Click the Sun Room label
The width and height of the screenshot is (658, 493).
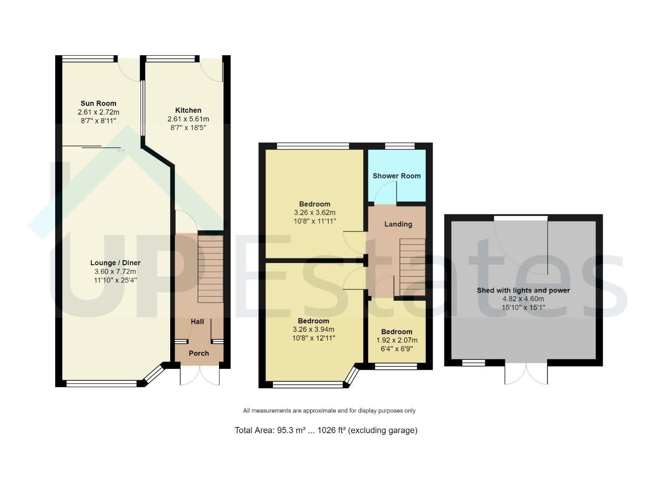pyautogui.click(x=98, y=104)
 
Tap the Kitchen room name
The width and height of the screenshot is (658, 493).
pyautogui.click(x=188, y=110)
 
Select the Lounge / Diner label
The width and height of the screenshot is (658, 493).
pyautogui.click(x=115, y=263)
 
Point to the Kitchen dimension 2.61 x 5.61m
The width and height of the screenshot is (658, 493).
pyautogui.click(x=188, y=119)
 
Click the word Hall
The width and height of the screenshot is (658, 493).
pyautogui.click(x=197, y=322)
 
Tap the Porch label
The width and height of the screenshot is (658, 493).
pyautogui.click(x=199, y=353)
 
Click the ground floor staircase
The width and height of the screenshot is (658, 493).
pyautogui.click(x=210, y=268)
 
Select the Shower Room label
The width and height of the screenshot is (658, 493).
pyautogui.click(x=397, y=176)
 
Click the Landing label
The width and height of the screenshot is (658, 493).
pyautogui.click(x=398, y=224)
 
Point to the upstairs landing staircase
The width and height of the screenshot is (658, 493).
pyautogui.click(x=413, y=267)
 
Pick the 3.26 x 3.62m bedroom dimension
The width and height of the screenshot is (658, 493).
pyautogui.click(x=315, y=213)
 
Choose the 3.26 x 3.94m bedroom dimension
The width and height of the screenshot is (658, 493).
pyautogui.click(x=313, y=330)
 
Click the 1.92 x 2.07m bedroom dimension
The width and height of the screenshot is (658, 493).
pyautogui.click(x=397, y=341)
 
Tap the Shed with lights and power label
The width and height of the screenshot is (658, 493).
pyautogui.click(x=523, y=290)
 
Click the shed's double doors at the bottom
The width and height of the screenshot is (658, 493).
pyautogui.click(x=526, y=373)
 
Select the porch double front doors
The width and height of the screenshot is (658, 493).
pyautogui.click(x=200, y=374)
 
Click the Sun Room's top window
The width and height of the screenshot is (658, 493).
pyautogui.click(x=88, y=59)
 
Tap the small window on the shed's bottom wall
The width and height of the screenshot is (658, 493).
pyautogui.click(x=474, y=363)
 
